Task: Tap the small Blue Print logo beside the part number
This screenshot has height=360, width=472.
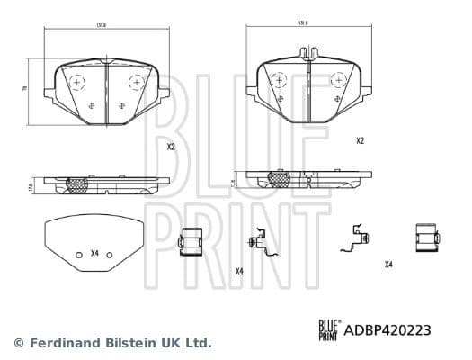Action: click(x=328, y=330)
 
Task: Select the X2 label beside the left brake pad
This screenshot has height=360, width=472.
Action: click(x=171, y=147)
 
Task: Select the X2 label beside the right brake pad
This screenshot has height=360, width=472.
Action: click(x=360, y=140)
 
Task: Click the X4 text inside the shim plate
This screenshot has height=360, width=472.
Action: click(x=94, y=253)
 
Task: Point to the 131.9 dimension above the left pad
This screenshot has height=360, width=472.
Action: click(x=103, y=26)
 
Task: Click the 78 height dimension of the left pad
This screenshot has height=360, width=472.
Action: click(x=25, y=89)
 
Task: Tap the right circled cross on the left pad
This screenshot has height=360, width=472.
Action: click(x=137, y=82)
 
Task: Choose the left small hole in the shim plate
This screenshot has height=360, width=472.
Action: click(x=78, y=253)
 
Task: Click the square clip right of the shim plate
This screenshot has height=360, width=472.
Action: click(x=191, y=241)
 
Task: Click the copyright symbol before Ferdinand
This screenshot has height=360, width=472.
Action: click(x=18, y=343)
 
